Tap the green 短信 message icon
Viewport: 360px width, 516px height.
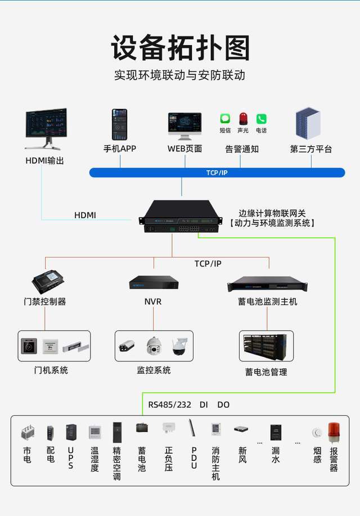pos(225,119)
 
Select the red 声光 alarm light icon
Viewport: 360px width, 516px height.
pos(243,118)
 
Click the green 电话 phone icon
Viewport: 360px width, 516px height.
pos(261,119)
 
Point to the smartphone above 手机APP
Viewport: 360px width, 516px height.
pos(119,124)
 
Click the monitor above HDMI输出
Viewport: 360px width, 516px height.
pos(46,128)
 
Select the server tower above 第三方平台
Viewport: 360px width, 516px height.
pos(308,124)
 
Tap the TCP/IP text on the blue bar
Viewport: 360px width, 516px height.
pos(217,173)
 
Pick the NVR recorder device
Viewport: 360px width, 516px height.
pos(154,282)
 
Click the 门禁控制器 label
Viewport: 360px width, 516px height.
pos(45,302)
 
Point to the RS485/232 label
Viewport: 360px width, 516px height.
pos(169,405)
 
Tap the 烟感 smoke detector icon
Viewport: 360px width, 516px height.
pos(317,433)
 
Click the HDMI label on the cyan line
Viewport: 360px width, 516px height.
pos(85,215)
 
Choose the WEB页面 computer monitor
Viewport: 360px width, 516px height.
pos(184,126)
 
